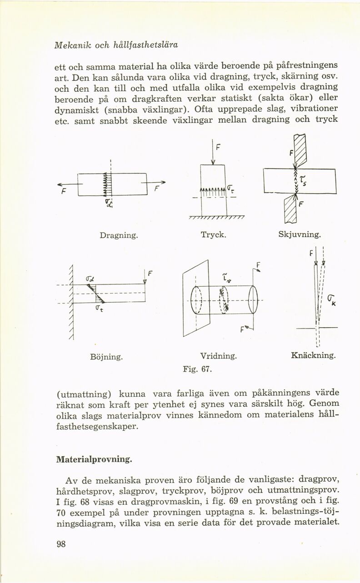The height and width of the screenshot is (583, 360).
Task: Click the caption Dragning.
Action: coord(118,235)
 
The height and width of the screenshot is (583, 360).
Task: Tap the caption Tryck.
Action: coord(213,235)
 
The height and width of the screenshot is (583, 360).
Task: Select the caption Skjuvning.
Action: coord(300,235)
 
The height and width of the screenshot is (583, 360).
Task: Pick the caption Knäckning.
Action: coord(313,356)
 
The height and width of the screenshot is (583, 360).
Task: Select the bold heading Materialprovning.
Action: coord(93,459)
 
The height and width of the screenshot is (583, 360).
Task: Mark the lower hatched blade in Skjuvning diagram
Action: coord(290,210)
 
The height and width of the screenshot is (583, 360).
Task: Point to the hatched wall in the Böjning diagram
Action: coord(70,302)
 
